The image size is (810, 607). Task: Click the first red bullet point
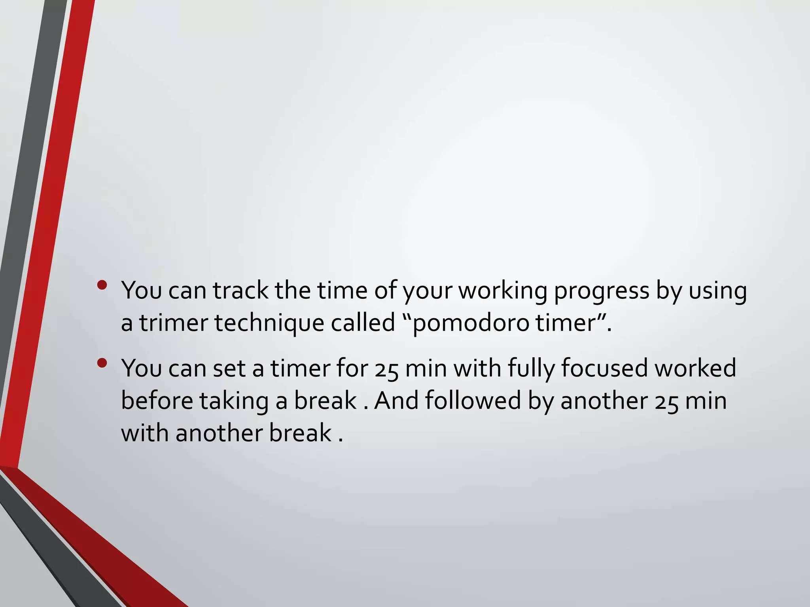pos(102,285)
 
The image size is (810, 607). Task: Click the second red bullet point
pos(102,363)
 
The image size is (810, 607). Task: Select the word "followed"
pos(473,401)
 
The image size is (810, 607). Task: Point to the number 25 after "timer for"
pos(386,370)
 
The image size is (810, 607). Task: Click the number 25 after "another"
pos(666,402)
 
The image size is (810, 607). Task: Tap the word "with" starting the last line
pos(144,433)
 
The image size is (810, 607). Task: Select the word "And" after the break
pos(396,401)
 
